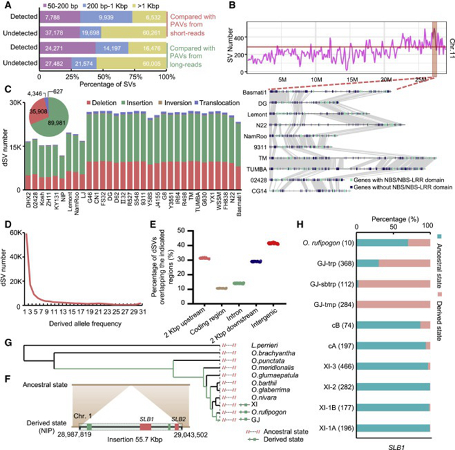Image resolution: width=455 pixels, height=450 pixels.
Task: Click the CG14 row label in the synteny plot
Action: pyautogui.click(x=259, y=192)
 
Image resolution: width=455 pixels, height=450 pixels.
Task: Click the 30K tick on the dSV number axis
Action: pyautogui.click(x=12, y=103)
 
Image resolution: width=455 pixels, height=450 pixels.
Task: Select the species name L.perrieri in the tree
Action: pyautogui.click(x=250, y=345)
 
